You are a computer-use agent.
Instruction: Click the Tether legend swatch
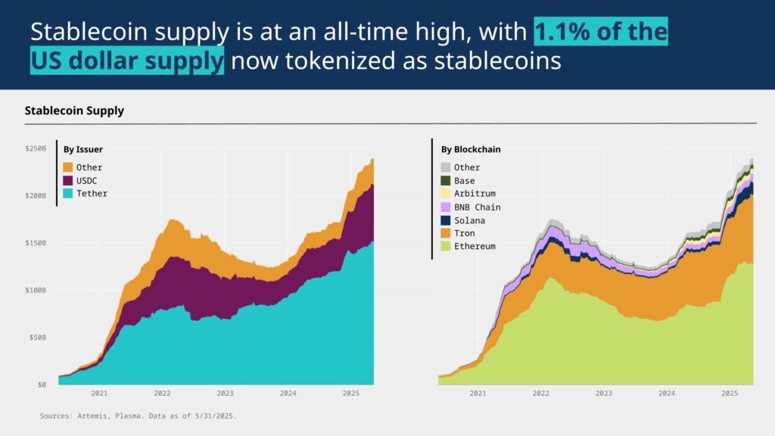[68, 193]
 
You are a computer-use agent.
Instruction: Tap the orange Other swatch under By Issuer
[68, 167]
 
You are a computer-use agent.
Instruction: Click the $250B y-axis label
[35, 148]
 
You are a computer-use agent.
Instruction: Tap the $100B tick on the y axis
[35, 291]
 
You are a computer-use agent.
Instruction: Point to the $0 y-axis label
[42, 385]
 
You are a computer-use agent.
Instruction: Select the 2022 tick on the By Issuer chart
[162, 394]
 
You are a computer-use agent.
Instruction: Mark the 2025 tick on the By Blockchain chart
[730, 394]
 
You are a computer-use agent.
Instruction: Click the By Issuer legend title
[83, 150]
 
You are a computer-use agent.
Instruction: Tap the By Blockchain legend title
[471, 150]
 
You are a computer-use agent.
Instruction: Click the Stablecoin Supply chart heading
[74, 111]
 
